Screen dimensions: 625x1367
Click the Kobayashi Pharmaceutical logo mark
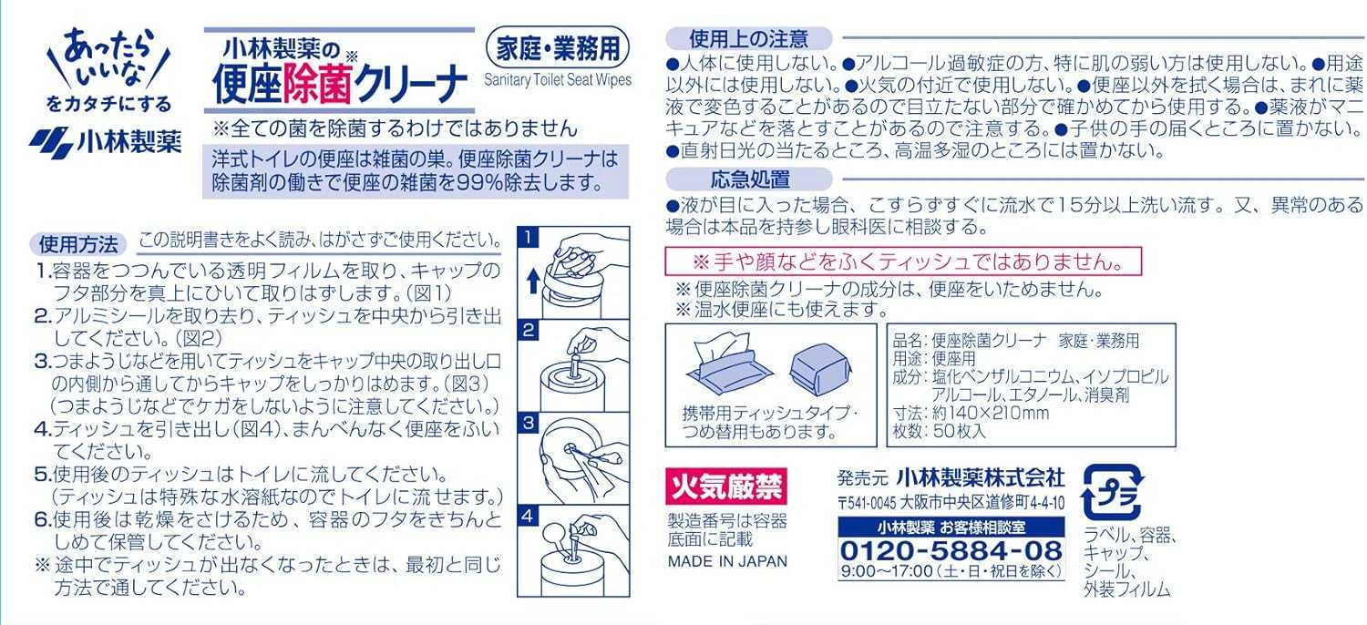pos(49,143)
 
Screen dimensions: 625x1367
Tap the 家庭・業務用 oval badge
pos(559,45)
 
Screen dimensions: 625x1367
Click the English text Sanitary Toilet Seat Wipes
pos(558,80)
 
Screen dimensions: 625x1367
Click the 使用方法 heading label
pos(78,244)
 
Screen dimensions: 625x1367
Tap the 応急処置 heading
pos(749,179)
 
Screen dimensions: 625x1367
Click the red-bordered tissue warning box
pos(902,262)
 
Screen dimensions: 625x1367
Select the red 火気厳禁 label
pos(725,486)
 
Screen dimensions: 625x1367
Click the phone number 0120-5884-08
pos(951,550)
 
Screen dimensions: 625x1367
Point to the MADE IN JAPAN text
pos(726,561)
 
